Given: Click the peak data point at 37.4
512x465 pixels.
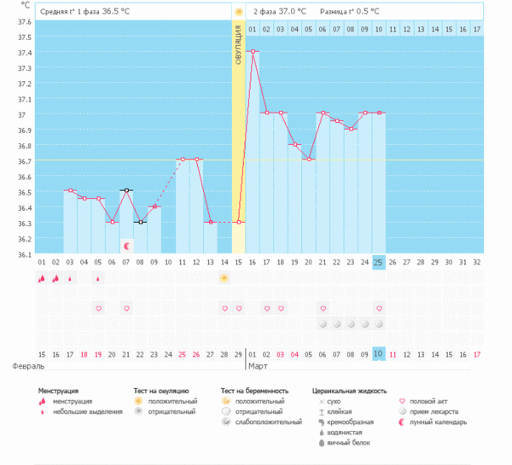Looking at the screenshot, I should [253, 51].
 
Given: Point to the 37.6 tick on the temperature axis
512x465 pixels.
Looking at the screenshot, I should [24, 22].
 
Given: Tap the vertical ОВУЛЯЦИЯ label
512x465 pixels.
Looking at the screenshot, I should [239, 44].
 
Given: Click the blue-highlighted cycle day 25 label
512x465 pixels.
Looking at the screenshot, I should [378, 262].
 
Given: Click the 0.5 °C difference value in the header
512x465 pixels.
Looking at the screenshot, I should [364, 13].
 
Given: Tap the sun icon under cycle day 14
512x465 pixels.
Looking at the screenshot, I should [224, 278].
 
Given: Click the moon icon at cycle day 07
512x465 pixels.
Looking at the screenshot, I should [126, 246].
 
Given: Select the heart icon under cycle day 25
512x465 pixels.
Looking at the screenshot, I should [378, 308].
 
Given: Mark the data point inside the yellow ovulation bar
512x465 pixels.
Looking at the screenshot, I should [239, 222].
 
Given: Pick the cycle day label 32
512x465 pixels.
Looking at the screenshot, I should [476, 262].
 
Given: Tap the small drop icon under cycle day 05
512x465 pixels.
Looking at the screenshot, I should [98, 278].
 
